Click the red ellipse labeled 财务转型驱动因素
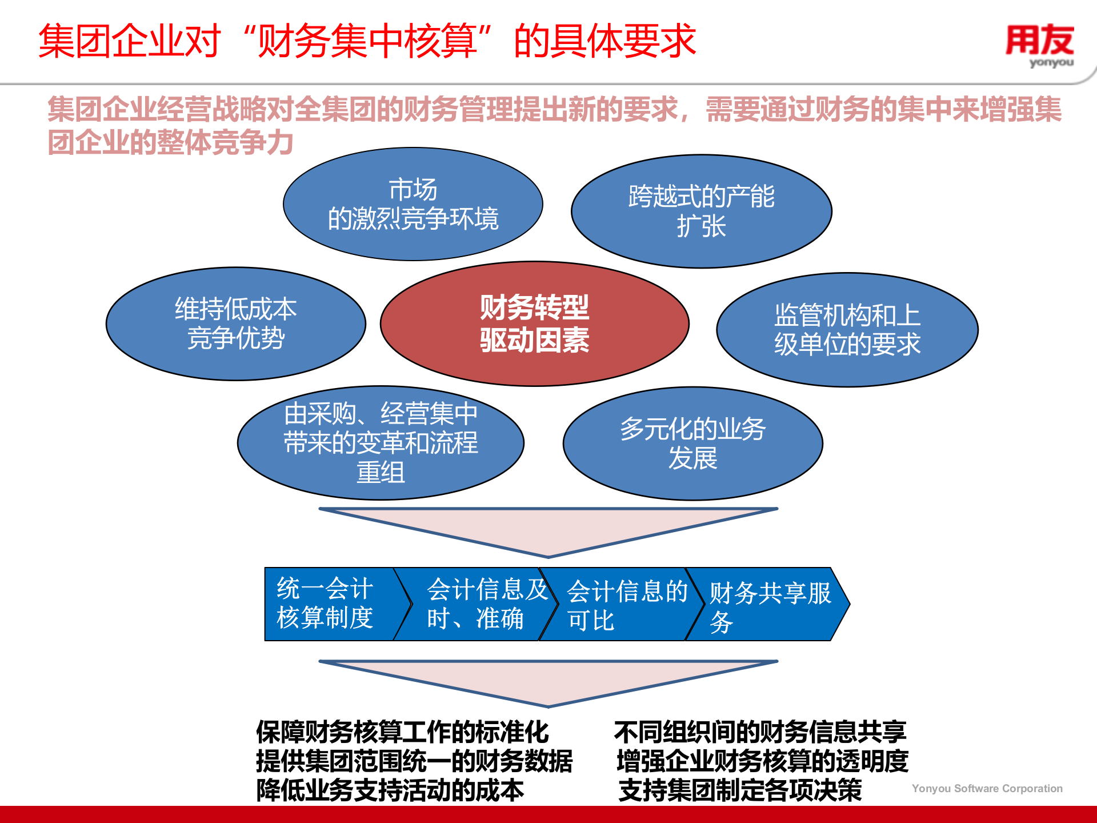(534, 324)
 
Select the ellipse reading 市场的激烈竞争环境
(413, 204)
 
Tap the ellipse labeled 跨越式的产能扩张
(701, 211)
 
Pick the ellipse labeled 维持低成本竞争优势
(235, 323)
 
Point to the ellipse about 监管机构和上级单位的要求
(847, 330)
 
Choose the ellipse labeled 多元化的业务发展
(692, 444)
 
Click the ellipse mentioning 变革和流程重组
(381, 443)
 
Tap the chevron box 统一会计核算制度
(326, 604)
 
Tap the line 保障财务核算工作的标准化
(402, 732)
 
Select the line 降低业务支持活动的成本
(390, 790)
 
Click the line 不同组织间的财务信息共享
(760, 732)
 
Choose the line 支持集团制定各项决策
(740, 790)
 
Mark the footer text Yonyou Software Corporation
(987, 789)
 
